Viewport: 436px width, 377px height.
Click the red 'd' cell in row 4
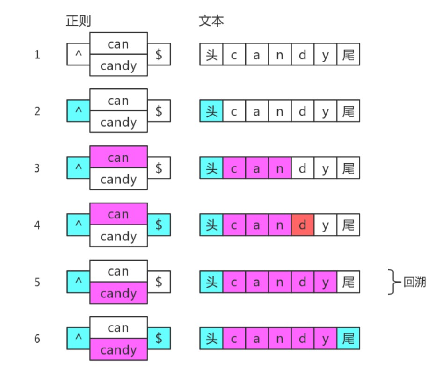click(303, 225)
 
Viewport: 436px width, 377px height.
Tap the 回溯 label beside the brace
click(414, 283)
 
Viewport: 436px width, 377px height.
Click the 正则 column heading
click(78, 21)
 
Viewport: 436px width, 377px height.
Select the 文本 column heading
click(211, 21)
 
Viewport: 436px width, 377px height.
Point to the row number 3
click(37, 168)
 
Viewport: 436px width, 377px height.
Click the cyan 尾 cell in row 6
click(348, 339)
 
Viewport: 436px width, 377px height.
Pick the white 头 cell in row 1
click(211, 55)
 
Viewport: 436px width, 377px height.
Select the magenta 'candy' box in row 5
click(118, 293)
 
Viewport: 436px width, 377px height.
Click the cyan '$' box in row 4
click(159, 225)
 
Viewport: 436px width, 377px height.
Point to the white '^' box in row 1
click(78, 55)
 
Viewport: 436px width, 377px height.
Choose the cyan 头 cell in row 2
click(211, 112)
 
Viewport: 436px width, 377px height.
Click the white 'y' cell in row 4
click(326, 225)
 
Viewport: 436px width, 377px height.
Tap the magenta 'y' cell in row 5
click(326, 283)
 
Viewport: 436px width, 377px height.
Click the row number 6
click(37, 339)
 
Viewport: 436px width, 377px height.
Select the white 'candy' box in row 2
click(118, 123)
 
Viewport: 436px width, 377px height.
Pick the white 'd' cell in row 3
click(303, 168)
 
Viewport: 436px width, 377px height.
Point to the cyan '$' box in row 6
click(159, 339)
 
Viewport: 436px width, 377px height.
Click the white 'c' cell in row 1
click(234, 55)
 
